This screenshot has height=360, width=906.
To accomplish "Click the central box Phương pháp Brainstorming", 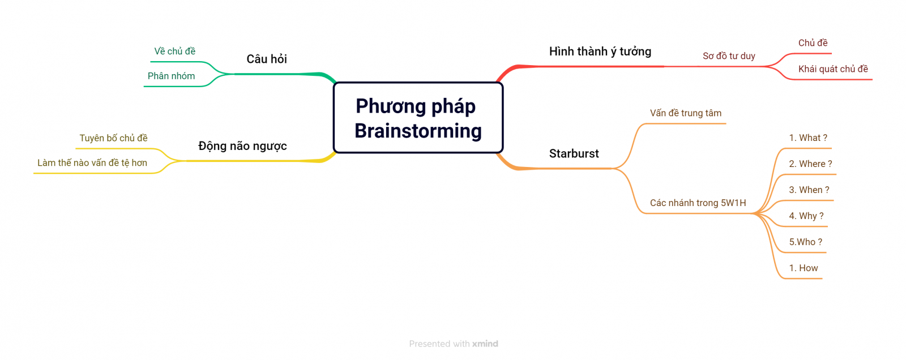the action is [x=418, y=118].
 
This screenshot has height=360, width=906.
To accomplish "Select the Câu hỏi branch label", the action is [x=267, y=59].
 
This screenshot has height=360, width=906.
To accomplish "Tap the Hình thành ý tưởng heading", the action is [x=600, y=52].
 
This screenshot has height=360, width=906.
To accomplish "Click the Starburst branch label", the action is [x=574, y=154].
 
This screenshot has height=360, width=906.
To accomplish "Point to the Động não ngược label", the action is [x=242, y=145].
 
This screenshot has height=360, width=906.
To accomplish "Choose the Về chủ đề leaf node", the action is [x=175, y=52].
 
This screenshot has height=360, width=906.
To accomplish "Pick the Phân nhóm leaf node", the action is [x=171, y=76].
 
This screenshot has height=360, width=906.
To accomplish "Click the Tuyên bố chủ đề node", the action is [x=113, y=138].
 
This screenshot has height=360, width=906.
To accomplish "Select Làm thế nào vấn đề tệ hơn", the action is [x=92, y=162].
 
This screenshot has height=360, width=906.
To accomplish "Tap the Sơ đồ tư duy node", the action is [x=729, y=56].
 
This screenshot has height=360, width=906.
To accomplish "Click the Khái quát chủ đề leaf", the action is [x=833, y=69].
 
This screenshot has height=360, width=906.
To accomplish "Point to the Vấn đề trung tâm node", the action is [x=686, y=113].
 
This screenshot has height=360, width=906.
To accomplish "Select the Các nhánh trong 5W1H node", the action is [x=698, y=203].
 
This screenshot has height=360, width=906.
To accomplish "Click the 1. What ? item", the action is [x=808, y=138].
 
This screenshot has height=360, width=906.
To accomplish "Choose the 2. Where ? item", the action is [x=810, y=164].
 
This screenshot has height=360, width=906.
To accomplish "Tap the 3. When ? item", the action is [x=809, y=190].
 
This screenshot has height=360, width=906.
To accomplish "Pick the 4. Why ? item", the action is [x=806, y=216].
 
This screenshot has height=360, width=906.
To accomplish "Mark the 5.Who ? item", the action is [x=806, y=242].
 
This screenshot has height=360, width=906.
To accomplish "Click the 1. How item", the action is [x=804, y=268].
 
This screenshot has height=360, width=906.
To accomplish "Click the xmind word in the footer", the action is [x=485, y=344].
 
